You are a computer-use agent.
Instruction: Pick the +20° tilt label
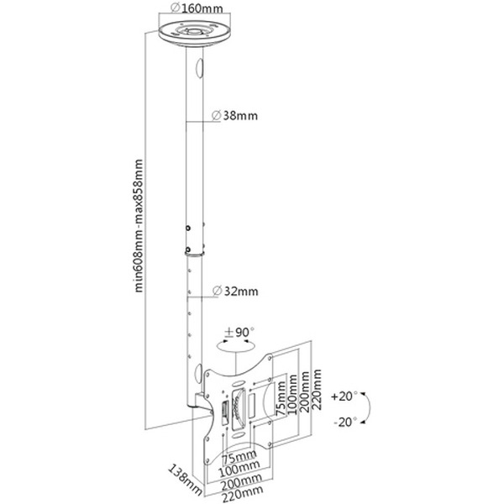[x=344, y=393]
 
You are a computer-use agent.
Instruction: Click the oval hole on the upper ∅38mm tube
[x=200, y=66]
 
